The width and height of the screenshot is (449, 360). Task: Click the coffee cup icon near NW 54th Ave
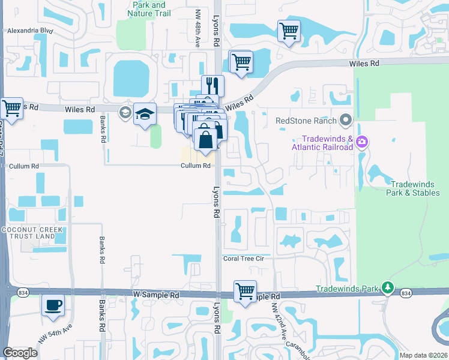[53, 305]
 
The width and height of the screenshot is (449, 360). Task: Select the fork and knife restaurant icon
[212, 85]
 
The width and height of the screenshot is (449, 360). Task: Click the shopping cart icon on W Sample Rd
[245, 291]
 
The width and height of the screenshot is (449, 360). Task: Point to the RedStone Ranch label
[305, 120]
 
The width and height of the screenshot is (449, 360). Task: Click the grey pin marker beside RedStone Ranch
[345, 121]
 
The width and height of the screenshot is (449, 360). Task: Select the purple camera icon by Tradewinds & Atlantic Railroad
[362, 142]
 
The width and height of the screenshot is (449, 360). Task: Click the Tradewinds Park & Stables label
[415, 188]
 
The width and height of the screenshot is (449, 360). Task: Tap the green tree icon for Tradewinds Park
[388, 289]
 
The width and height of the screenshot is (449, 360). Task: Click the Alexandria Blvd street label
[28, 29]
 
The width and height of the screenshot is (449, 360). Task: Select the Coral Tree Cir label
[244, 259]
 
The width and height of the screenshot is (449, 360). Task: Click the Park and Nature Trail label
[150, 9]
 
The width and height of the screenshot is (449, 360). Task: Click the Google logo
[20, 353]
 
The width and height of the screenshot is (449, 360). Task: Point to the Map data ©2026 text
[423, 355]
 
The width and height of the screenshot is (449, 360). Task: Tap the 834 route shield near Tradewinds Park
[406, 293]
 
